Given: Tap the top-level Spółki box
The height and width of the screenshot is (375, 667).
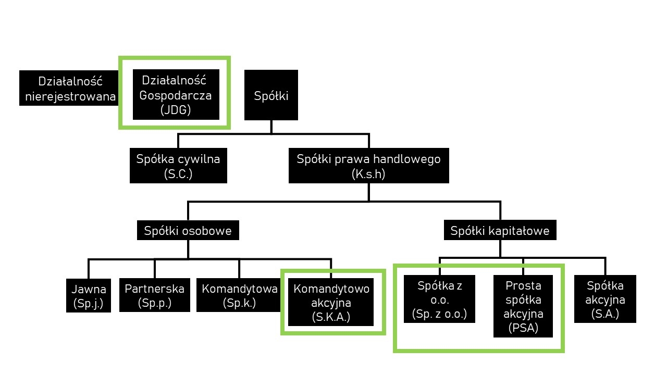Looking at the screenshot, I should (x=271, y=95).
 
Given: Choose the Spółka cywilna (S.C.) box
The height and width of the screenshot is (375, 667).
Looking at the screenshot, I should (x=178, y=166).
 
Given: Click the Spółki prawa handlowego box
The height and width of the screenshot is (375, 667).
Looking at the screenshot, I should (x=368, y=166).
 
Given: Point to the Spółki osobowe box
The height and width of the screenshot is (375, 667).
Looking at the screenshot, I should (x=188, y=230).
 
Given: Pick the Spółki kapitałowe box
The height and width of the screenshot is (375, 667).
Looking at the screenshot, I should (x=500, y=230).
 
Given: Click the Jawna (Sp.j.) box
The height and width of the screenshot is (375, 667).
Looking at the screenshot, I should (x=89, y=296).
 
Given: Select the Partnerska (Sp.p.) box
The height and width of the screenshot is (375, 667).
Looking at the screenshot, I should (x=155, y=296).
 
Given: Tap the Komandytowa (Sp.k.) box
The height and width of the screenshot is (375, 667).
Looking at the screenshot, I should (x=239, y=296).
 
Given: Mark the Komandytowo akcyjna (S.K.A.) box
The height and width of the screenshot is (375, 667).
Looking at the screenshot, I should (x=331, y=303).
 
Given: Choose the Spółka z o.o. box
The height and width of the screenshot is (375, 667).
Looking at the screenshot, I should (x=439, y=299).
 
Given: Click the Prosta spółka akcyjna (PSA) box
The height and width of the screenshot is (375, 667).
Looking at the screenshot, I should (x=524, y=307).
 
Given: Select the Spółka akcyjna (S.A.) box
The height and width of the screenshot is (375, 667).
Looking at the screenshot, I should (x=605, y=299).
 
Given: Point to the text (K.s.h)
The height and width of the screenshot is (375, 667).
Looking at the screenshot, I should (x=368, y=174).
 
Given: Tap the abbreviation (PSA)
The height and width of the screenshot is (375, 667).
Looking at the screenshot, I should (x=524, y=328).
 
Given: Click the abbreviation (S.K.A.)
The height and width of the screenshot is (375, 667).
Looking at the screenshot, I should (x=331, y=316).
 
